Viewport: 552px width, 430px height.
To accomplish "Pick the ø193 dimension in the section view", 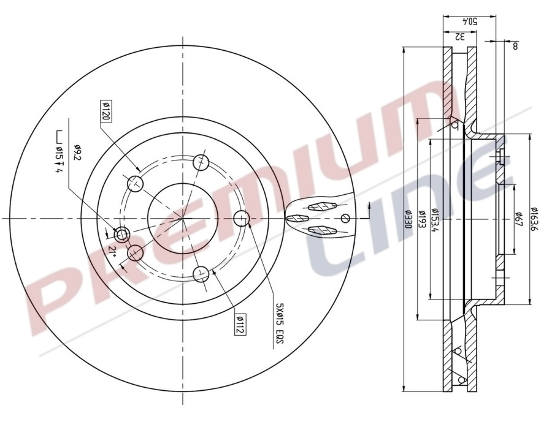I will [x=421, y=219].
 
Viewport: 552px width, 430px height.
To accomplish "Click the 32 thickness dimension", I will [x=459, y=36].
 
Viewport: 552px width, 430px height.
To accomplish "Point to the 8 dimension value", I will [x=515, y=46].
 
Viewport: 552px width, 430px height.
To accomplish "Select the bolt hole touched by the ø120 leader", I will [x=135, y=183].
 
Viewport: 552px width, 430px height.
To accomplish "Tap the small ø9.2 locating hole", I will [x=121, y=233].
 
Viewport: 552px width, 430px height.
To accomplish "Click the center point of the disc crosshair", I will [x=183, y=218].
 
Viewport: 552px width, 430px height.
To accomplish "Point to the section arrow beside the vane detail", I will [x=367, y=210].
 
